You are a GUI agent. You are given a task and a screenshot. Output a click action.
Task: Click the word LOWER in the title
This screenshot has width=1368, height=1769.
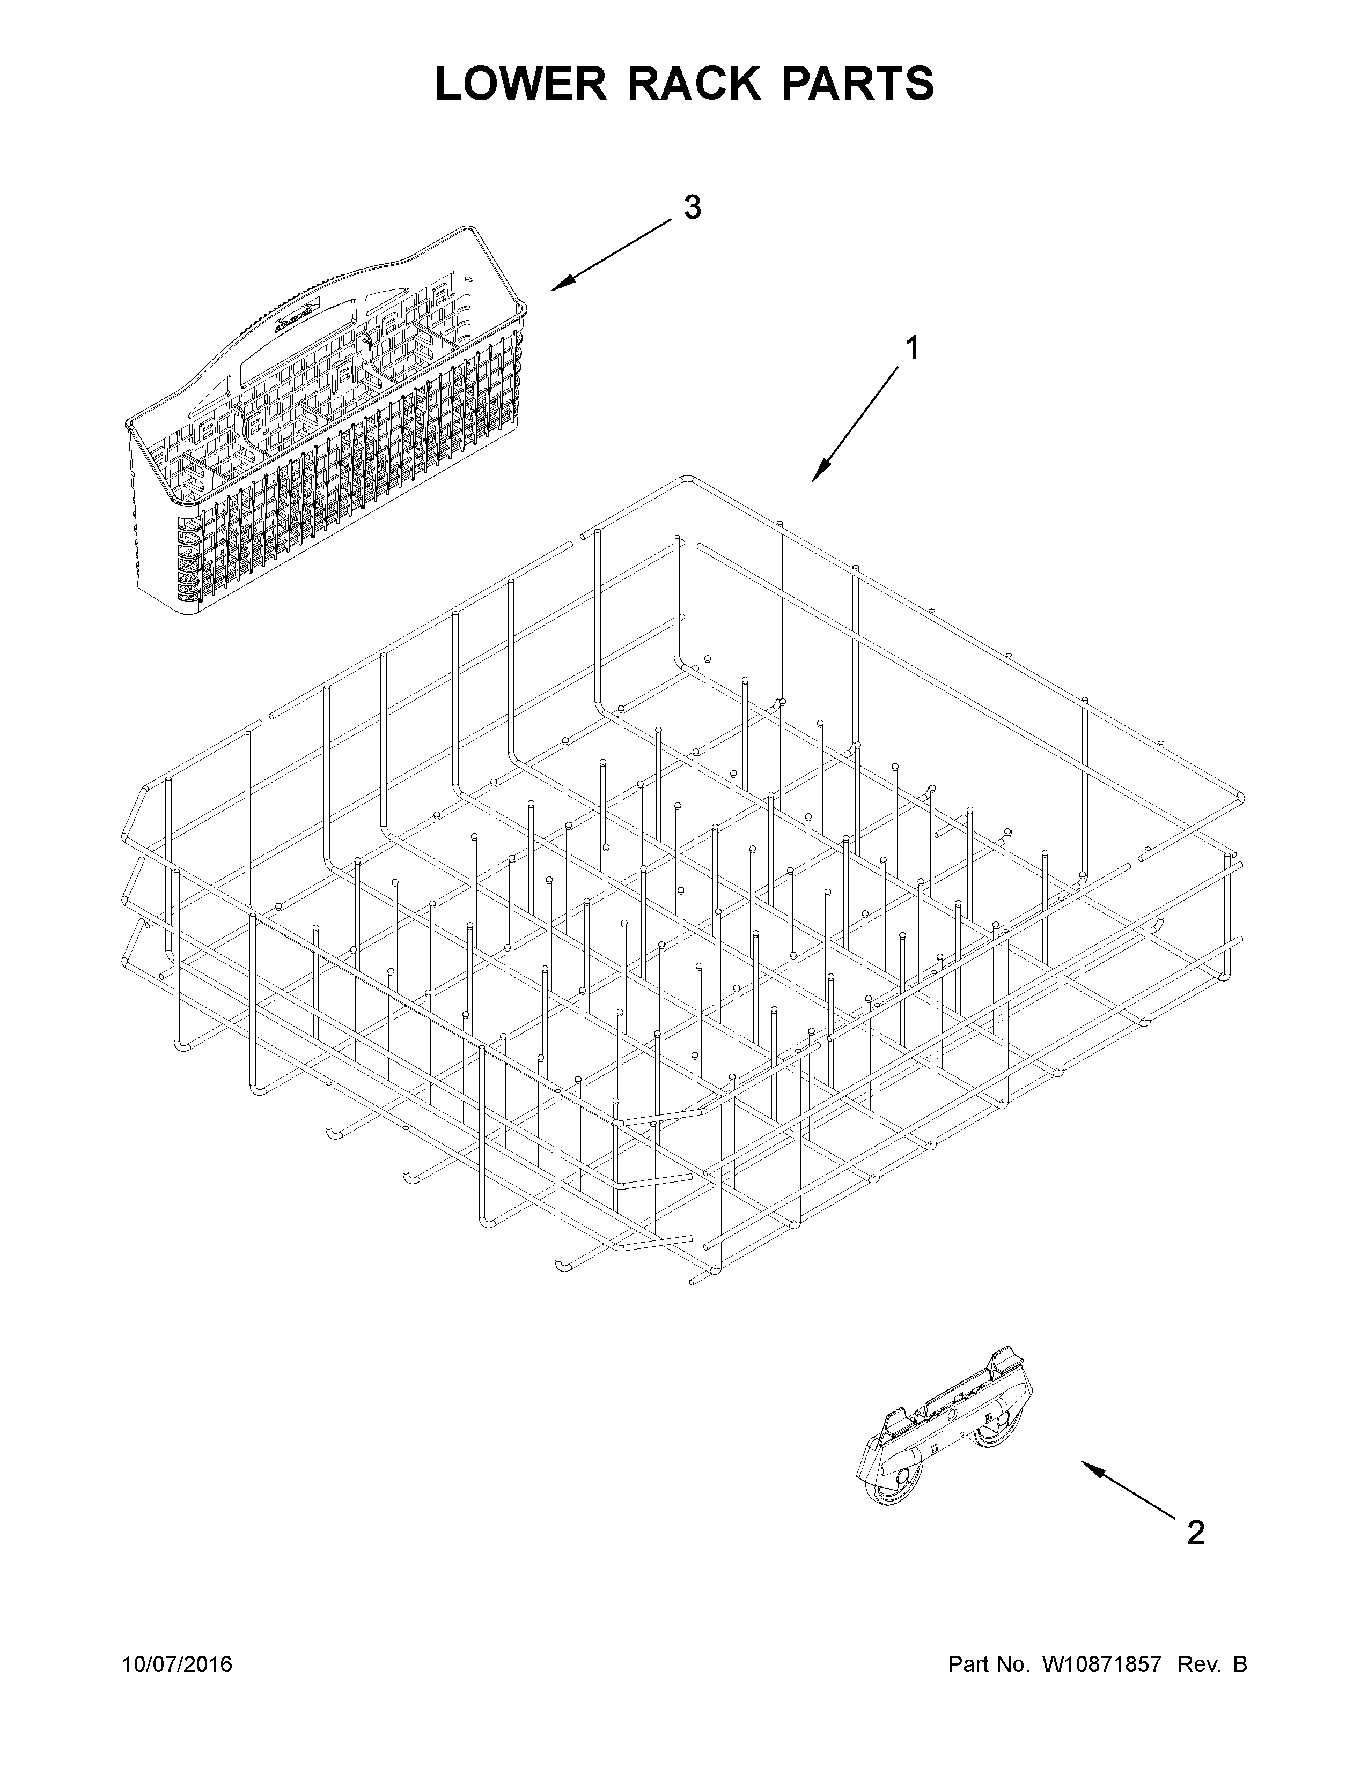(x=520, y=84)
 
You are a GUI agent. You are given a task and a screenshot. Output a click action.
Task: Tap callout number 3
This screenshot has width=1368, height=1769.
(x=692, y=208)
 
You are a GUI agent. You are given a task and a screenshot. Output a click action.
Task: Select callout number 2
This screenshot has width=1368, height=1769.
(x=1195, y=1533)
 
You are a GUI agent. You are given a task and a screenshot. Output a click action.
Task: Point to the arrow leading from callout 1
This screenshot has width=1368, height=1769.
(x=855, y=423)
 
